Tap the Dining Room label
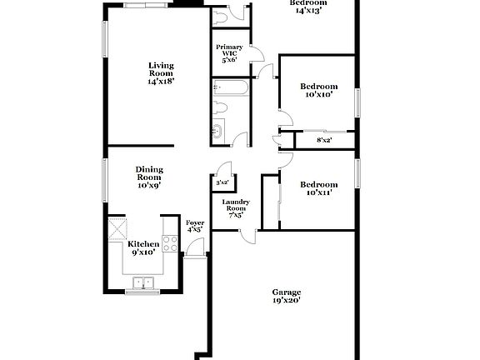tap(149, 177)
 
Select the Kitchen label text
tap(143, 247)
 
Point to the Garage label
tap(287, 297)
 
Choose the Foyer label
tap(195, 227)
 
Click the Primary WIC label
tap(229, 53)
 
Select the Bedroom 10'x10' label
tap(318, 90)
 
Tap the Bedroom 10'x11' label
tap(318, 188)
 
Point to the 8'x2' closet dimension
tap(324, 140)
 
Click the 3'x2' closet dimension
tap(222, 182)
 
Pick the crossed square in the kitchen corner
tap(116, 227)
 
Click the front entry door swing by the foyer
tap(194, 247)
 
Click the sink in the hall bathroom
tap(218, 130)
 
